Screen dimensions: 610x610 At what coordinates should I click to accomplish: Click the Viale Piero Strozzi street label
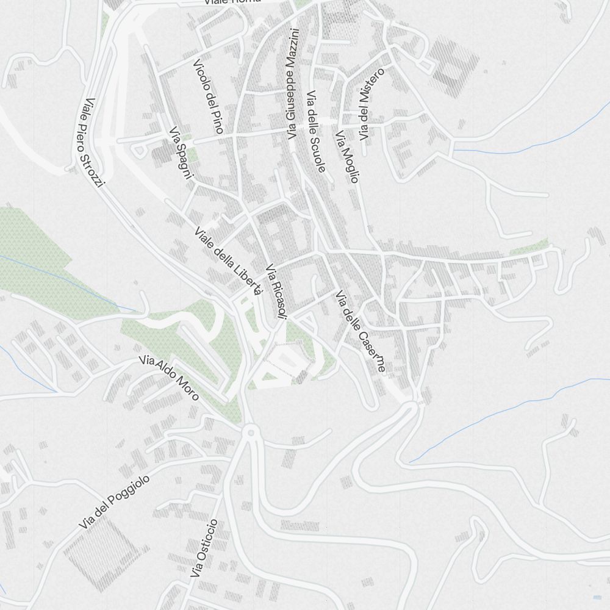click(95, 142)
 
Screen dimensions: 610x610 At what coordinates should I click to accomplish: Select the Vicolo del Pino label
click(208, 96)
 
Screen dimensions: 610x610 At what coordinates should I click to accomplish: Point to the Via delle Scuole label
click(316, 131)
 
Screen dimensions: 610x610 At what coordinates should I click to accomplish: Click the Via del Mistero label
click(371, 104)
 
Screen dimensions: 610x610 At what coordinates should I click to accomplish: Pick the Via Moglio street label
click(347, 156)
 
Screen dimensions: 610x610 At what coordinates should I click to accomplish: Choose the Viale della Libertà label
click(228, 260)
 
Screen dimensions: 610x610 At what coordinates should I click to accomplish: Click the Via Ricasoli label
click(276, 291)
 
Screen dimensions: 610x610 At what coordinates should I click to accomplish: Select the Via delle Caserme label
click(360, 331)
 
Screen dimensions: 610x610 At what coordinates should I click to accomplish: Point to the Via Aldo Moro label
click(169, 378)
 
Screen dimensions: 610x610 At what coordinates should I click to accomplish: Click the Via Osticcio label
click(204, 548)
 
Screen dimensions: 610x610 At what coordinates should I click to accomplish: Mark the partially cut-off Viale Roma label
click(232, 2)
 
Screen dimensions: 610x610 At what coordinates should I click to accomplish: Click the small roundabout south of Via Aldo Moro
click(250, 432)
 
